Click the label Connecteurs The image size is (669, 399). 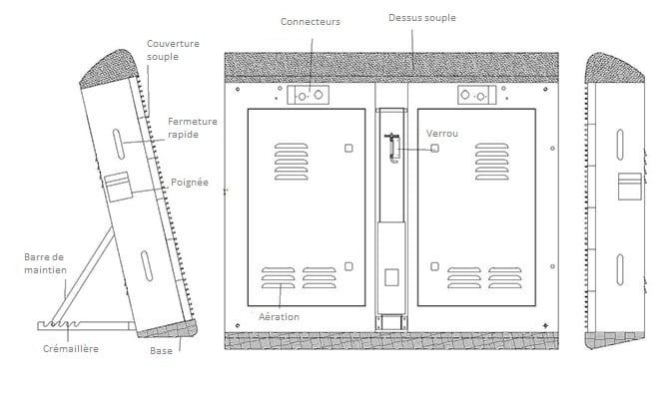coord(311,22)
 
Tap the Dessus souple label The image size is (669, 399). coord(422,18)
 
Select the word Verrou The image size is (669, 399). coord(442,134)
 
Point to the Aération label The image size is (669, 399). coord(279,317)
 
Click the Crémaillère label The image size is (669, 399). coord(71,349)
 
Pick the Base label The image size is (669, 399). coord(162,351)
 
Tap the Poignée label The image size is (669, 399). coord(190,183)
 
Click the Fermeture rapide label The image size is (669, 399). coord(193,128)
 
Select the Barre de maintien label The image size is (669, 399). coord(45,263)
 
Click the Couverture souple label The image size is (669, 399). coord(173,50)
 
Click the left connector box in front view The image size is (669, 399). coord(309,95)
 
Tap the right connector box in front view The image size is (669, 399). coord(477,95)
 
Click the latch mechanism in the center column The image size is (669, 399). coord(393,148)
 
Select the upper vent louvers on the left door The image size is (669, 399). coord(291,162)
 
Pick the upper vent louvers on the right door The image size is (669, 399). coord(492,162)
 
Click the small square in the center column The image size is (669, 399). coord(391,277)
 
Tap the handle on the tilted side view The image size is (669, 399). coord(119,187)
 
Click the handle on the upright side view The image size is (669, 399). coord(630,187)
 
